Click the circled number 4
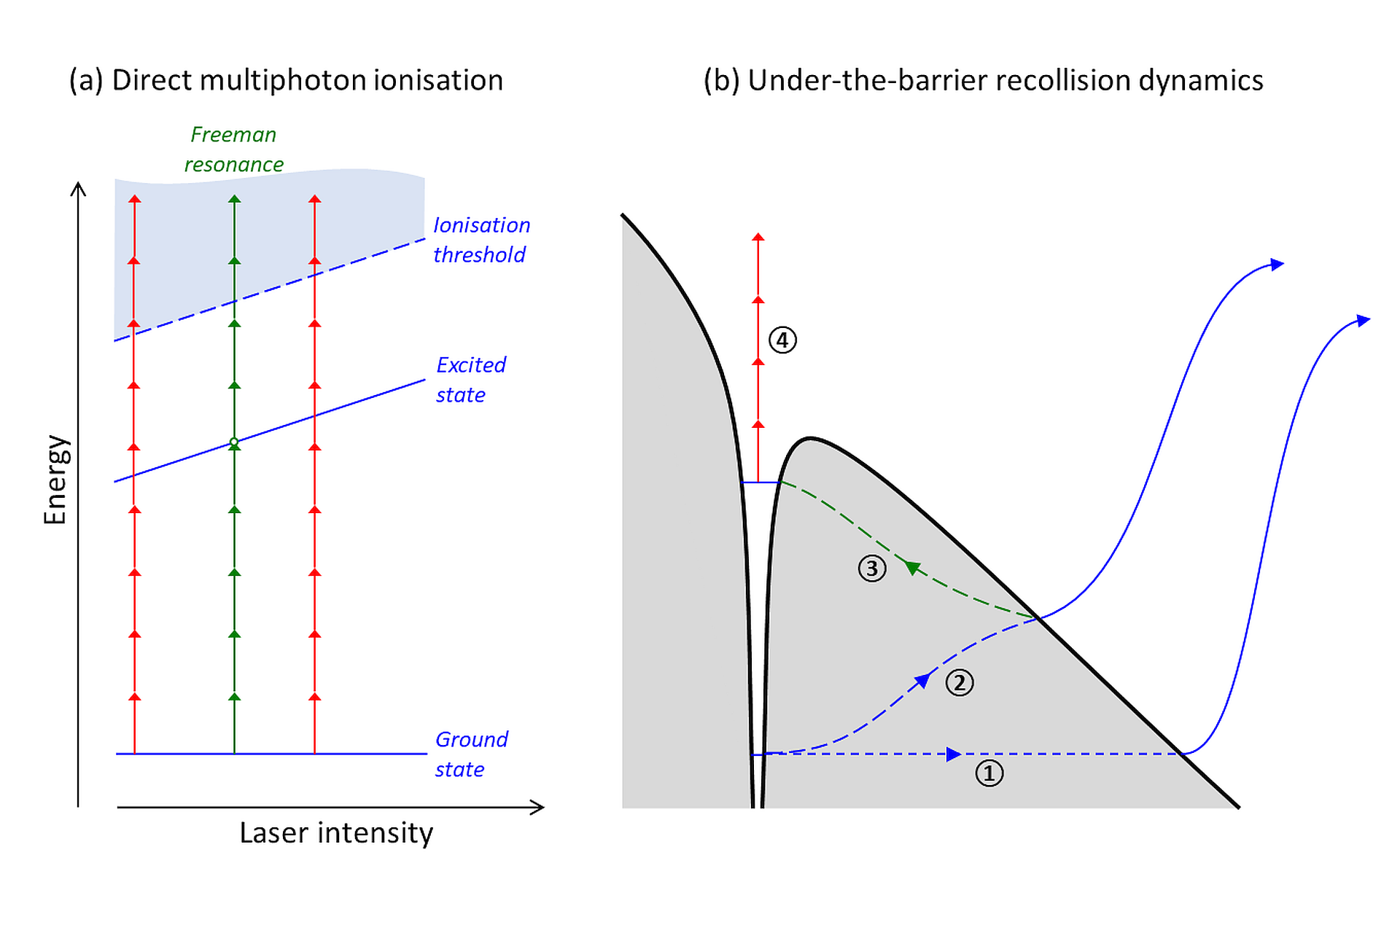pyautogui.click(x=782, y=340)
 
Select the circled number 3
pyautogui.click(x=872, y=569)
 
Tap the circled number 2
pyautogui.click(x=960, y=683)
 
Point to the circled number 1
pyautogui.click(x=989, y=773)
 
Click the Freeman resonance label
pyautogui.click(x=233, y=149)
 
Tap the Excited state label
pyautogui.click(x=470, y=380)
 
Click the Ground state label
pyautogui.click(x=471, y=754)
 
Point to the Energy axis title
pyautogui.click(x=55, y=480)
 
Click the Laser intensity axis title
pyautogui.click(x=336, y=833)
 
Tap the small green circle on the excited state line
pyautogui.click(x=234, y=442)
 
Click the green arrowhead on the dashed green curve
pyautogui.click(x=911, y=567)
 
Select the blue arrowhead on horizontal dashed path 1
pyautogui.click(x=953, y=754)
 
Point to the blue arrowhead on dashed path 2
pyautogui.click(x=922, y=681)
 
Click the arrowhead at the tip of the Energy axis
pyautogui.click(x=78, y=188)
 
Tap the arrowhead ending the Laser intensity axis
pyautogui.click(x=538, y=807)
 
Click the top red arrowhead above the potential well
pyautogui.click(x=758, y=237)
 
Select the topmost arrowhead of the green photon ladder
pyautogui.click(x=234, y=198)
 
